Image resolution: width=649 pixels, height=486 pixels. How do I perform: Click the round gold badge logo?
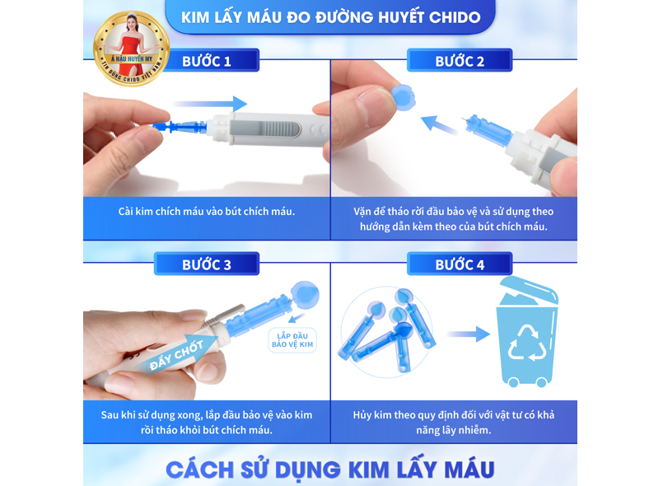click(131, 48)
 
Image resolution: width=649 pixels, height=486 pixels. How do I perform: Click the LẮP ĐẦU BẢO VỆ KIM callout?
click(293, 339)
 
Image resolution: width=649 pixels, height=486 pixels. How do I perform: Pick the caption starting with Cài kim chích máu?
click(207, 211)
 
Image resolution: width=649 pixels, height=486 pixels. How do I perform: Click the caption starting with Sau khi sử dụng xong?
click(207, 422)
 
